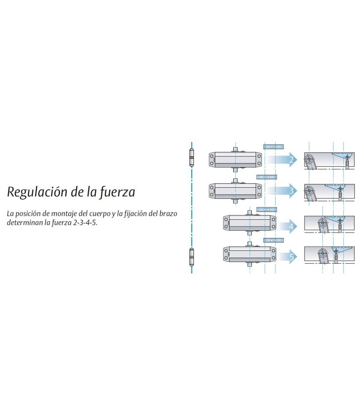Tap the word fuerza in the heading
pos(117,192)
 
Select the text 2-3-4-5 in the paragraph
pos(85,223)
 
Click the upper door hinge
pos(191,157)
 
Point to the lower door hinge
pos(191,257)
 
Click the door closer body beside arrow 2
pos(235,160)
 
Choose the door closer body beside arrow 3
pos(235,191)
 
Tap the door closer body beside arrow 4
pos(249,223)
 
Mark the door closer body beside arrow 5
pos(249,254)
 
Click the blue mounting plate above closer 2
pos(273,147)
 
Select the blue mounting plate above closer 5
pos(273,240)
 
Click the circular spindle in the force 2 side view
pos(309,159)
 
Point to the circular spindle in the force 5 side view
pos(323,253)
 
